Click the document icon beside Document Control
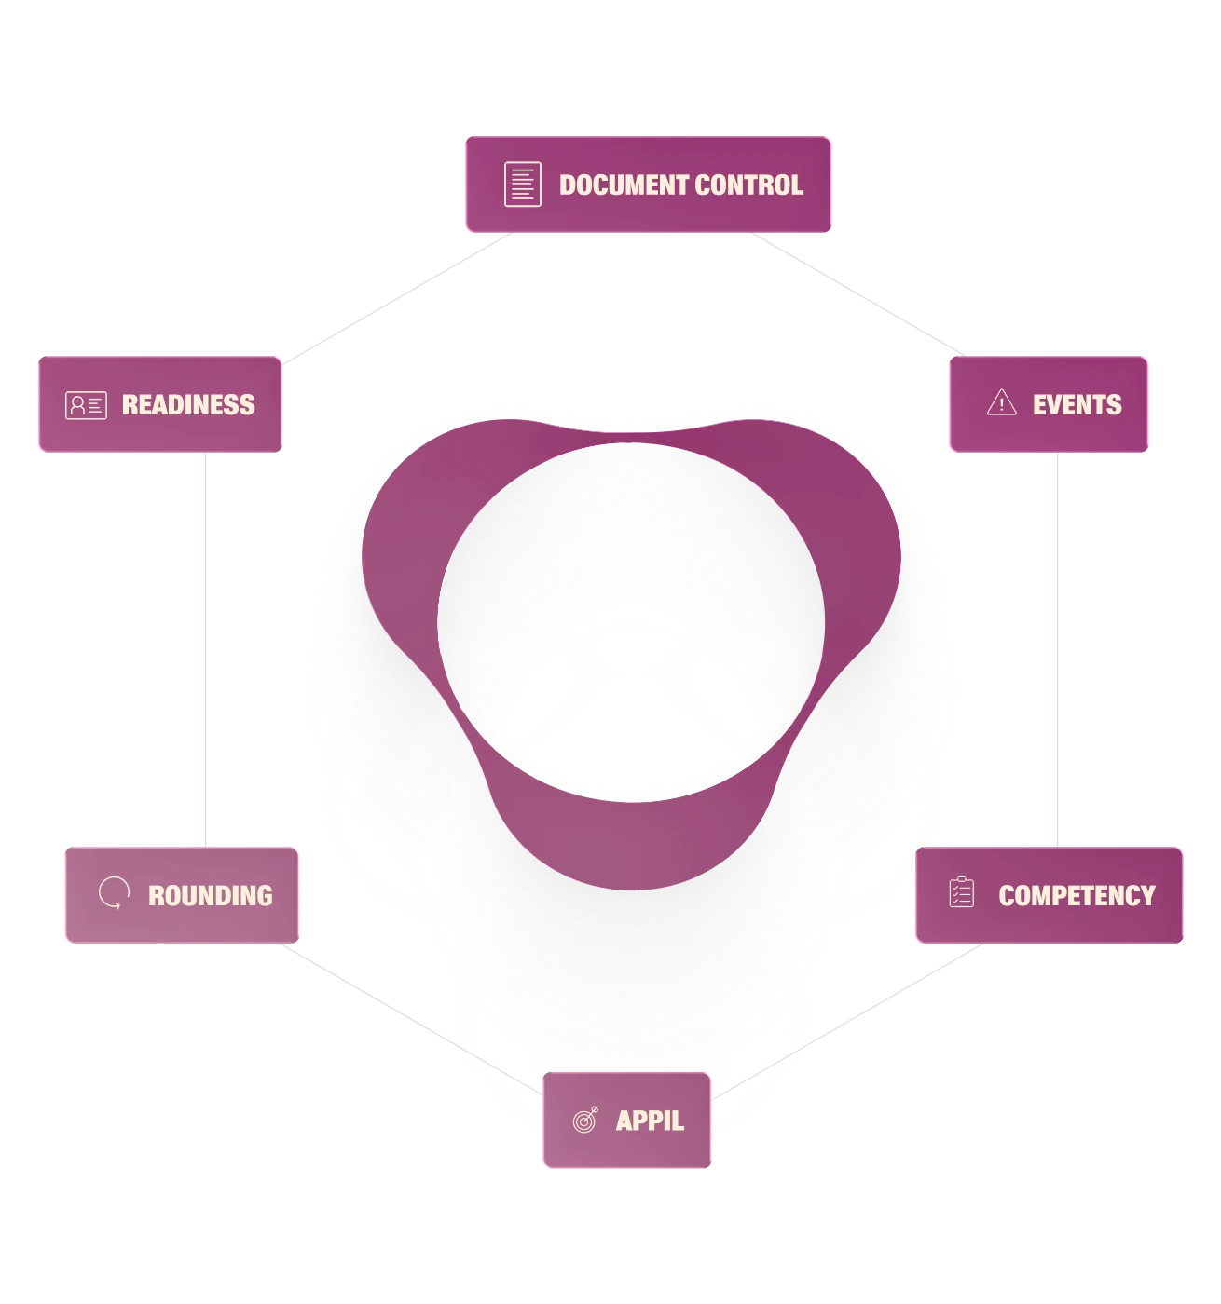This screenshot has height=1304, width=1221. click(x=523, y=183)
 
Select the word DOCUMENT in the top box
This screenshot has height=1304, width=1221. click(x=624, y=184)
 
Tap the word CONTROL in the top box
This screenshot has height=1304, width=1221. click(x=748, y=184)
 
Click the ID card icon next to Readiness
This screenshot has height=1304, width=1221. click(x=86, y=405)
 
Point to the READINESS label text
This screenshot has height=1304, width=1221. click(x=188, y=404)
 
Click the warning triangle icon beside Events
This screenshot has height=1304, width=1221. click(x=1001, y=402)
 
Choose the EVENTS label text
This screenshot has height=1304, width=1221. click(x=1077, y=404)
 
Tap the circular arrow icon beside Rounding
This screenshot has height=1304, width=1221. click(x=114, y=893)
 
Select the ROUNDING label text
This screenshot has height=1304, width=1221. click(x=211, y=896)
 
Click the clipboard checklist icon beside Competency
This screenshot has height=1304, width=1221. click(x=962, y=892)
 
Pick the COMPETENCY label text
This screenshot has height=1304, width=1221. click(x=1077, y=896)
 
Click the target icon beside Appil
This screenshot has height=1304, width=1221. click(x=585, y=1120)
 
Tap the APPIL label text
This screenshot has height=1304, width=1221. click(x=650, y=1121)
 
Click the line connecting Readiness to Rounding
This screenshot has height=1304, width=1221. click(x=206, y=649)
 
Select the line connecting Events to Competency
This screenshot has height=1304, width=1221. click(x=1057, y=649)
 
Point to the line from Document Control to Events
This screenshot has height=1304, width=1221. click(x=857, y=293)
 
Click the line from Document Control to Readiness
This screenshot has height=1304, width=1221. click(x=396, y=297)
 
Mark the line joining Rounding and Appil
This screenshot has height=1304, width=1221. click(x=411, y=1019)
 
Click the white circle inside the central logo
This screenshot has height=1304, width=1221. click(x=631, y=622)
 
